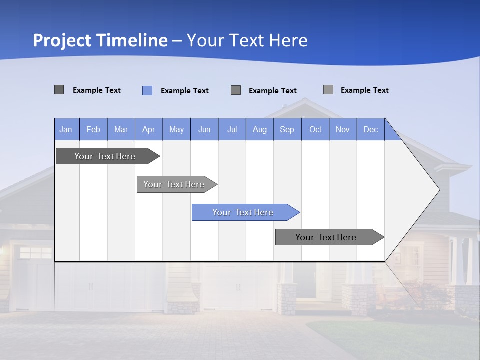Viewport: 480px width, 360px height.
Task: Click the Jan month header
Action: [x=66, y=129]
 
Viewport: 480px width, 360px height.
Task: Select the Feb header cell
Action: [x=93, y=129]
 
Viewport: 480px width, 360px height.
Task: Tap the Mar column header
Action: [x=121, y=129]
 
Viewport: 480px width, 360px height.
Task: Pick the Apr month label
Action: [x=149, y=129]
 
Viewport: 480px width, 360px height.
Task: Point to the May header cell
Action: [x=176, y=129]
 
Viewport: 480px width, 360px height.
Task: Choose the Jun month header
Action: [x=204, y=129]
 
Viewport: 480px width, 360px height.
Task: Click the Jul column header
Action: [x=232, y=129]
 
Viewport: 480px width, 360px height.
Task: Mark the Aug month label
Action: [x=260, y=129]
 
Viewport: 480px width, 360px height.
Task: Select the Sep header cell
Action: [x=287, y=129]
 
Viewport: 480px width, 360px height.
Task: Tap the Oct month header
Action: [x=315, y=129]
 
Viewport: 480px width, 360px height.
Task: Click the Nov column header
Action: [x=343, y=129]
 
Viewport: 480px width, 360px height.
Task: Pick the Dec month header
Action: [x=371, y=129]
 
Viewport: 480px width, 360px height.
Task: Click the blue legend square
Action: [x=147, y=90]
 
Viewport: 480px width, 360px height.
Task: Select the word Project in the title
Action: [x=62, y=40]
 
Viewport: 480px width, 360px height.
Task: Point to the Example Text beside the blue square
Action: [x=185, y=91]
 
